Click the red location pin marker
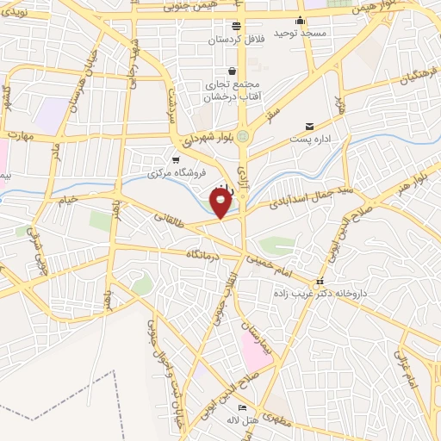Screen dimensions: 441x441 coord(221,202)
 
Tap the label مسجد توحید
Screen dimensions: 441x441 coord(300,33)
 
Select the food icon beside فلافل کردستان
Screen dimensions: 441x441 coord(236,26)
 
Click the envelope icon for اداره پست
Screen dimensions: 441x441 coord(309,126)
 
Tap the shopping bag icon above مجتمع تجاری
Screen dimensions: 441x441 coord(232,71)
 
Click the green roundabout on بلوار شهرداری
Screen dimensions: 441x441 coord(244,135)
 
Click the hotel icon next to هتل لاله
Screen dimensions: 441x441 coord(242,408)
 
